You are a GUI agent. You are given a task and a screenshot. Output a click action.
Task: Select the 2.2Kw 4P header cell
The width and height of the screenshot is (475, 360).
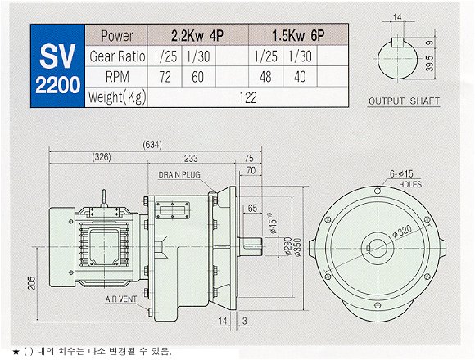tap(197, 35)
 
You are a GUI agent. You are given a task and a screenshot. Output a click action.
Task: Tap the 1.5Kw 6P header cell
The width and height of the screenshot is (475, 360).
tap(298, 35)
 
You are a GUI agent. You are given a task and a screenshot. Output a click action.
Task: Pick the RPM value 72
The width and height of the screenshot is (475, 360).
tap(165, 77)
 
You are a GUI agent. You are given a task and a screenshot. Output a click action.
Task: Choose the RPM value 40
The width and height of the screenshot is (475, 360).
tap(300, 77)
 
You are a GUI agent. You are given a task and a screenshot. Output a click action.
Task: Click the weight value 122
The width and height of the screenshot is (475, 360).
tap(248, 97)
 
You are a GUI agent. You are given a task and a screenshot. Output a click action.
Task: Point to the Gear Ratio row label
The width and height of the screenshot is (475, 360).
tap(117, 56)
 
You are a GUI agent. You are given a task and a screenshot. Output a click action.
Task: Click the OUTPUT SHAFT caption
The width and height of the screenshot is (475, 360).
tap(404, 101)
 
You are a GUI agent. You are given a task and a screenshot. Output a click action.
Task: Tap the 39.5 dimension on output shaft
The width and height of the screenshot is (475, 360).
tap(430, 64)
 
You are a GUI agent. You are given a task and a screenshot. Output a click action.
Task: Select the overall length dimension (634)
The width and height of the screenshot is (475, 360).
tap(152, 145)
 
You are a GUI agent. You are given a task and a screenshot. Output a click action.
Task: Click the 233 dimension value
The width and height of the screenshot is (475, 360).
tap(191, 158)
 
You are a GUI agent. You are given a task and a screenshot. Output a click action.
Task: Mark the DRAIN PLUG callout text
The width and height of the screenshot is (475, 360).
tap(179, 175)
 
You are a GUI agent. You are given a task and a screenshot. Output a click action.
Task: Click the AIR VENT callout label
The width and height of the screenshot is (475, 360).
tap(121, 299)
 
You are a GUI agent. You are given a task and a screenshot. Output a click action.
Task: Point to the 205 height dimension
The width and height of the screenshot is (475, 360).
tap(31, 283)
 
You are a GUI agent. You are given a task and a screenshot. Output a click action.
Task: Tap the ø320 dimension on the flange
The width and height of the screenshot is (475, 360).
tap(402, 232)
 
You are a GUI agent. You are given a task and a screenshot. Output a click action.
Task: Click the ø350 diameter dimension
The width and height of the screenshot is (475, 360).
tap(297, 247)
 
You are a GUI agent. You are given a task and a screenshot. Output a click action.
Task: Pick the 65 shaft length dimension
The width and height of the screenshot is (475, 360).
tap(252, 208)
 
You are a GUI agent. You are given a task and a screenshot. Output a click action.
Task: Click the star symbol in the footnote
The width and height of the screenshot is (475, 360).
tap(16, 352)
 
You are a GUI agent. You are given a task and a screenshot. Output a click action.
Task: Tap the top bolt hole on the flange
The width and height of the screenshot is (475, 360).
tap(378, 191)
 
